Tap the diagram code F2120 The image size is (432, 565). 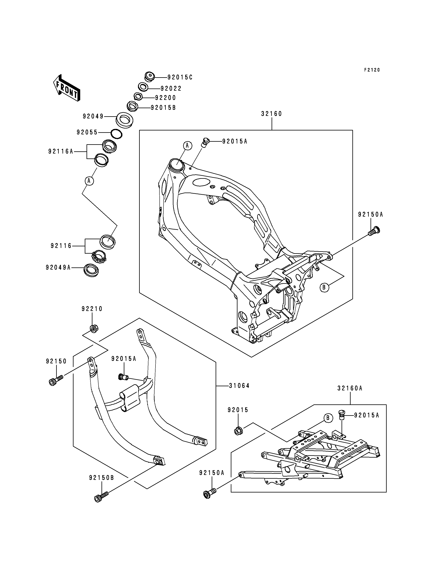(x=372, y=70)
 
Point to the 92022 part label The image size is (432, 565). (x=171, y=88)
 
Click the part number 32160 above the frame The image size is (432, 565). (x=272, y=114)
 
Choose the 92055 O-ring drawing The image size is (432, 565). (x=116, y=134)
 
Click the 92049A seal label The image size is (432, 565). (x=58, y=267)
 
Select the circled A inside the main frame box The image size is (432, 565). (x=187, y=146)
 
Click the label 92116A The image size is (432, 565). (x=61, y=152)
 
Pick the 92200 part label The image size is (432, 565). (x=165, y=98)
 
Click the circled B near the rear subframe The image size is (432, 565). (x=328, y=418)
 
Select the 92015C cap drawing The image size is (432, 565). (x=149, y=77)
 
